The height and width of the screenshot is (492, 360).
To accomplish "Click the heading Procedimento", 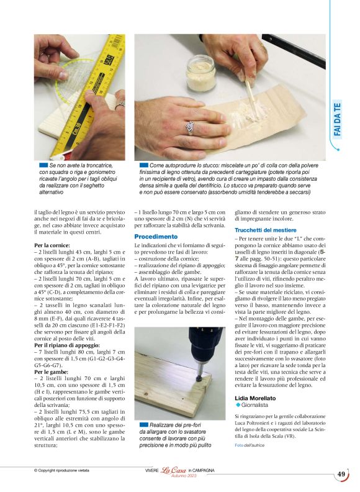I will [156, 237].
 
